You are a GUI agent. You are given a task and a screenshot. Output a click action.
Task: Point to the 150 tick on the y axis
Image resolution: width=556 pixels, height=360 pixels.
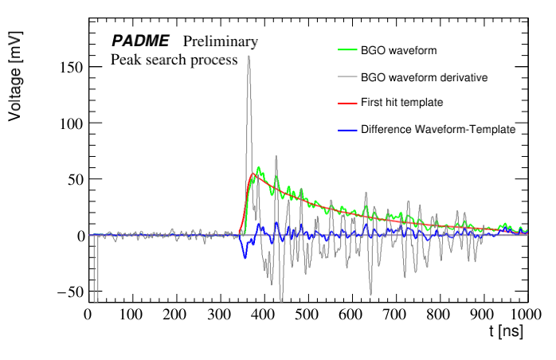click(x=71, y=68)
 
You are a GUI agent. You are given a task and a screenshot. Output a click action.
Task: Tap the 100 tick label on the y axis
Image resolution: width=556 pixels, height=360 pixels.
click(x=71, y=124)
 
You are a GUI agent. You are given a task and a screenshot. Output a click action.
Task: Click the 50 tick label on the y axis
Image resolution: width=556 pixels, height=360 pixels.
click(x=75, y=180)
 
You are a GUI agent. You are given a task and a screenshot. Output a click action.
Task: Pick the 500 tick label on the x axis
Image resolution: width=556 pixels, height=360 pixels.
click(x=307, y=315)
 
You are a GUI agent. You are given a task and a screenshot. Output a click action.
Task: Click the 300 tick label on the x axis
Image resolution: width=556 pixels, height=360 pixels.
click(x=219, y=315)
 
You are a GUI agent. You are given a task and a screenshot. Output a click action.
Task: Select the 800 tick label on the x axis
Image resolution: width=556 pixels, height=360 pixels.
click(x=439, y=315)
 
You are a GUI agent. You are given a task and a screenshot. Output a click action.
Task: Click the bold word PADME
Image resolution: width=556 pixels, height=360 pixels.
click(x=139, y=41)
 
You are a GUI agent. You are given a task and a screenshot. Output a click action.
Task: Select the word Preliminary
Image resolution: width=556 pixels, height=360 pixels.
click(x=221, y=41)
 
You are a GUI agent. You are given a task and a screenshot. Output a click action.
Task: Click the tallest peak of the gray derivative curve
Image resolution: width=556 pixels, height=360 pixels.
click(x=249, y=57)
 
